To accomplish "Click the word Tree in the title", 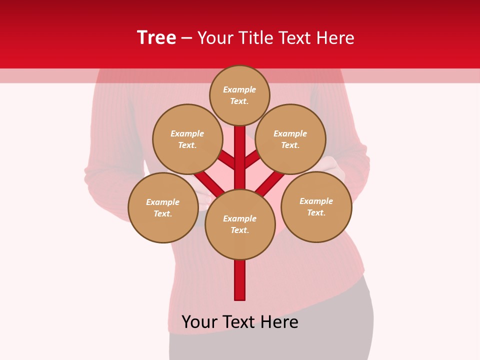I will [156, 38].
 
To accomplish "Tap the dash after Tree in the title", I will [186, 38].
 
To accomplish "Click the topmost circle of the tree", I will [239, 95].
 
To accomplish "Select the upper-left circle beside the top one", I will [187, 139].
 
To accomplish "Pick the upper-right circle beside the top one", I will [290, 139].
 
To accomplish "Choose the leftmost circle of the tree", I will [163, 208].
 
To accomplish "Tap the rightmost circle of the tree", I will [316, 207].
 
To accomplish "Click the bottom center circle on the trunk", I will [240, 224].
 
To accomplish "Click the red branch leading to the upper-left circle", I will [227, 160].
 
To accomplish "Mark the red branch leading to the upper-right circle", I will [251, 160].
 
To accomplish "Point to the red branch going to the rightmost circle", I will [270, 184].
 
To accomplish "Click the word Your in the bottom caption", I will [200, 322].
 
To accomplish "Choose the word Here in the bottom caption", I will [279, 322].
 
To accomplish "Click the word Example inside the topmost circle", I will [239, 90].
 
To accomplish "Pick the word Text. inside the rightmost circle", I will [316, 213].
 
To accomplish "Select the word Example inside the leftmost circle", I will [163, 202].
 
